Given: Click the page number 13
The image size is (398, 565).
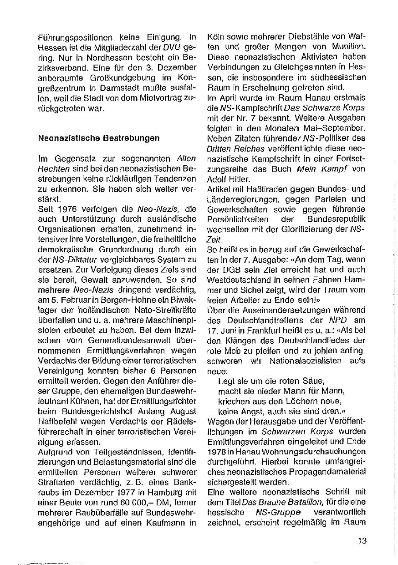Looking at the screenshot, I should [x=362, y=541].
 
